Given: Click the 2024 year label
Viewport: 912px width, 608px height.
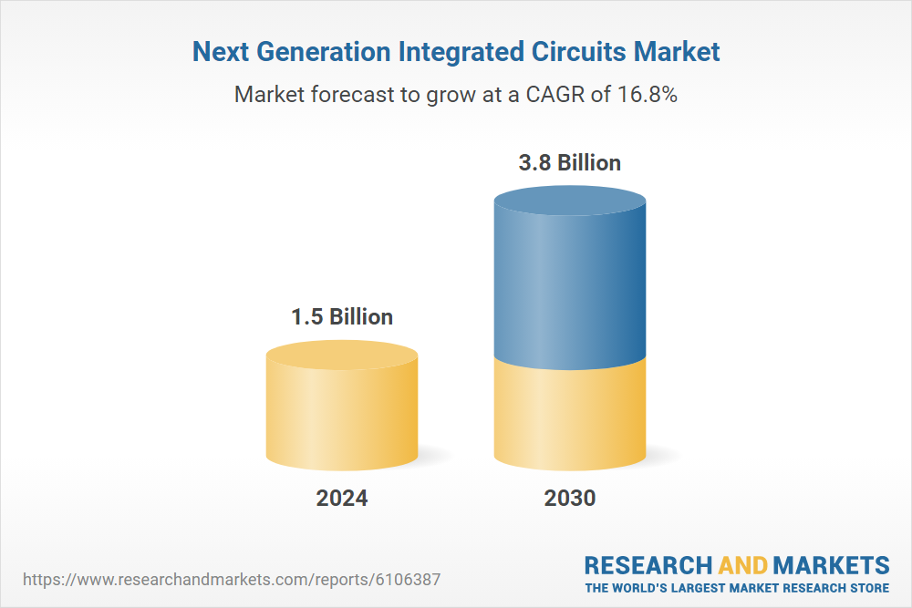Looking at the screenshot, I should [342, 499].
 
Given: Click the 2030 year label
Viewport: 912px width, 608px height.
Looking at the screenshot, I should [570, 499].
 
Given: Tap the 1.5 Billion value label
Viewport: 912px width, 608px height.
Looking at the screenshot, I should [342, 317].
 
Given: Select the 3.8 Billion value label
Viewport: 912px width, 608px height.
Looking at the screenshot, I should [570, 163].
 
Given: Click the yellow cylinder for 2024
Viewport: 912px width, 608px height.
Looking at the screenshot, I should [342, 410].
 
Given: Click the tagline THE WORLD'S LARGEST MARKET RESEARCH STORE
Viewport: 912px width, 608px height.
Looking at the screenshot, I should [737, 588].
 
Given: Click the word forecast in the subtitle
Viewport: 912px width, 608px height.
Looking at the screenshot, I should [352, 94].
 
